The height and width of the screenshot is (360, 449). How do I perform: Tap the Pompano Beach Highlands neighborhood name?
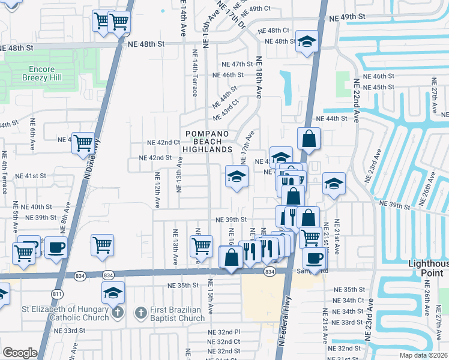click(x=207, y=141)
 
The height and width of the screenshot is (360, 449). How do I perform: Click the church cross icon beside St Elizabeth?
click(x=118, y=313)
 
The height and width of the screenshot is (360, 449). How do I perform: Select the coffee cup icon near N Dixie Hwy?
click(x=56, y=247)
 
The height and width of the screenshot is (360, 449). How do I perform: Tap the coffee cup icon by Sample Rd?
click(x=314, y=257)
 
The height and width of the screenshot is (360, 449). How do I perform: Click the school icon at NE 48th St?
click(x=307, y=42)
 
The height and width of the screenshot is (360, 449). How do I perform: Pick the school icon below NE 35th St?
click(x=113, y=293)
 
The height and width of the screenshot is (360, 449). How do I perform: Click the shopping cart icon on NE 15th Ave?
click(x=201, y=245)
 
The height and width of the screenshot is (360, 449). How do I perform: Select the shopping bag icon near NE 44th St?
click(x=308, y=139)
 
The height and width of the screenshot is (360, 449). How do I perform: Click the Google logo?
click(x=20, y=353)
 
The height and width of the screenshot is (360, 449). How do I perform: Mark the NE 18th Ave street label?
click(x=259, y=78)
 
